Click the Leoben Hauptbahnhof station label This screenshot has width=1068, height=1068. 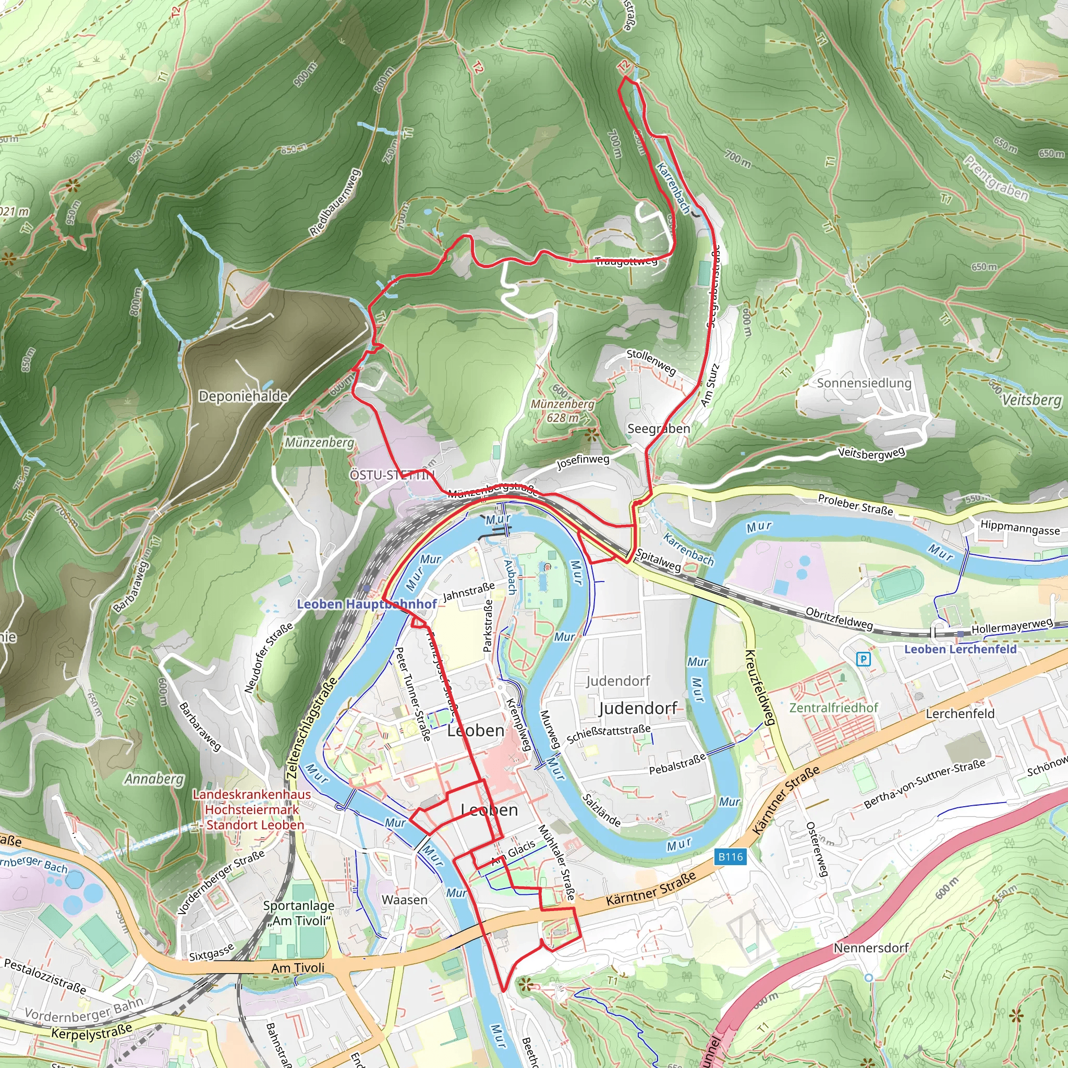[x=367, y=604]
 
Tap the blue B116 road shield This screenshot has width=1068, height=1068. [x=730, y=857]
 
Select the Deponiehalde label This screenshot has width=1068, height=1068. [x=243, y=396]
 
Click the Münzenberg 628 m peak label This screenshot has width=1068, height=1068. [x=562, y=411]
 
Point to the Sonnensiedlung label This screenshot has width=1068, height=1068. [x=864, y=383]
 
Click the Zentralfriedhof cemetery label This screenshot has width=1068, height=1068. [x=834, y=708]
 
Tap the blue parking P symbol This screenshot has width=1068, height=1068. [x=863, y=659]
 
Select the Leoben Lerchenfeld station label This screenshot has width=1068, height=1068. [x=960, y=649]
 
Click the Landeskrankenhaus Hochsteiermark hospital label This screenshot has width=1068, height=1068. [x=251, y=809]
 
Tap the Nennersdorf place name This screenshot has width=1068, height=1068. [x=871, y=948]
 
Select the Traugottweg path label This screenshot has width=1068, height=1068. [x=626, y=261]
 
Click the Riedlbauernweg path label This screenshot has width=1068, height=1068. [x=335, y=202]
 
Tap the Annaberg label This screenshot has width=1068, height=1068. [x=154, y=779]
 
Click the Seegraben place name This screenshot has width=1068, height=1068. [x=659, y=429]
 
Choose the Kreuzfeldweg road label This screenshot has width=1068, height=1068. [x=760, y=687]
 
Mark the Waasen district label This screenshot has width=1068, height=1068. [x=405, y=900]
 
